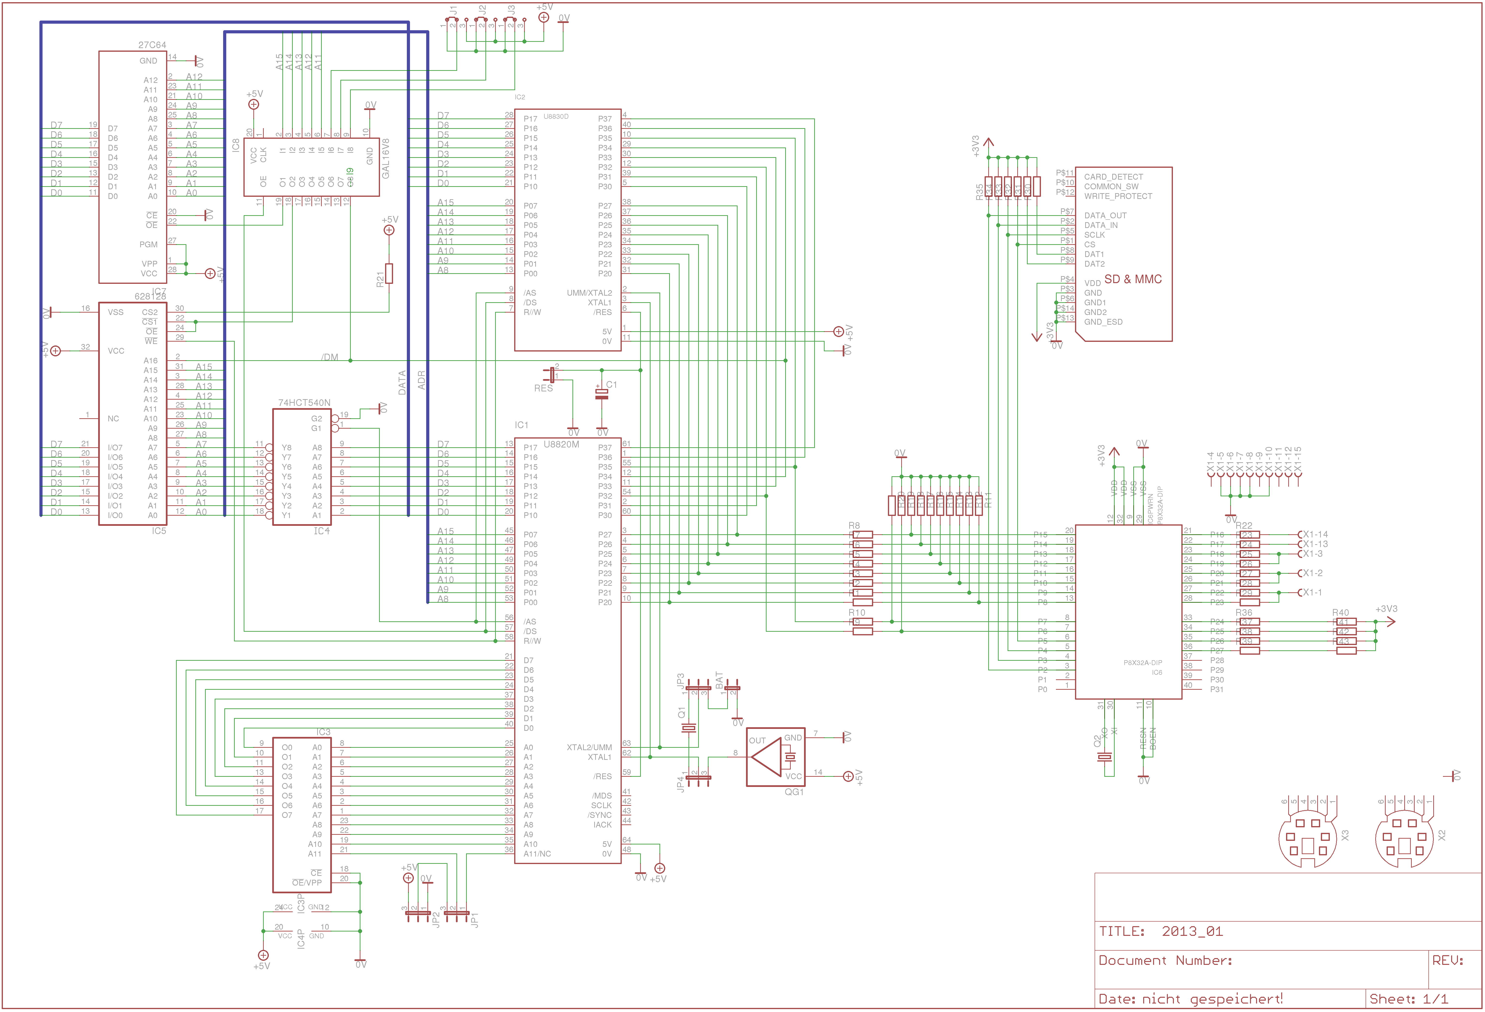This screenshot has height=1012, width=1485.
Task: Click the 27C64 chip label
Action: [152, 45]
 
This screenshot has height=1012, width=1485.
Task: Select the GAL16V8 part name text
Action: [385, 158]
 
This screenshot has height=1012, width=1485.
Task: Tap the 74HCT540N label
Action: [304, 403]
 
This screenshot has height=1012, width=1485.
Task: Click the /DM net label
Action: [330, 357]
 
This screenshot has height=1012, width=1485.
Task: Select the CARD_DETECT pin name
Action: [1113, 177]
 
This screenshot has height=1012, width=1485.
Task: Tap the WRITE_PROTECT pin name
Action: [1118, 196]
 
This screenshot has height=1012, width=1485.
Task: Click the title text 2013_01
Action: [1192, 931]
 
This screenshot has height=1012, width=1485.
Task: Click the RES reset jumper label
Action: [543, 388]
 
